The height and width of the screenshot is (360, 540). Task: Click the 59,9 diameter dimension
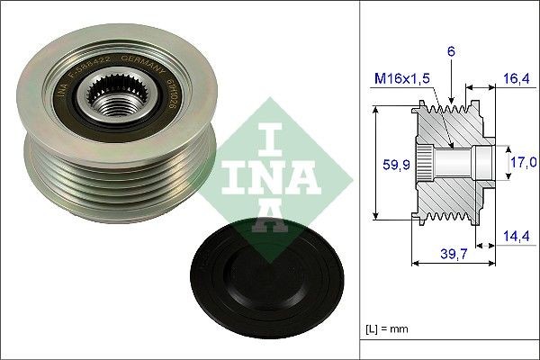pos(388,165)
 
